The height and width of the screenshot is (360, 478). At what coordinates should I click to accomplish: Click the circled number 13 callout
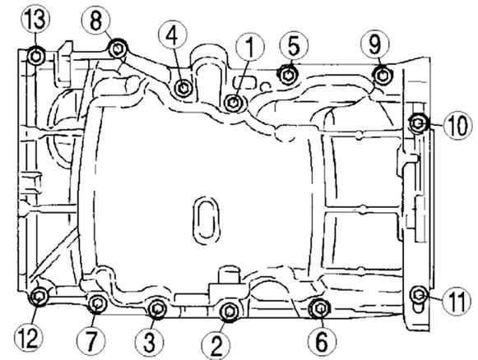35,19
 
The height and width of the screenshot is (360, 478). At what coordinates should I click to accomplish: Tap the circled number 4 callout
172,36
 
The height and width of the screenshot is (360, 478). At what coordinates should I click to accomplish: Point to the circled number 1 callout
250,47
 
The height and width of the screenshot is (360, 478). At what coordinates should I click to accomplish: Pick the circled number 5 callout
294,46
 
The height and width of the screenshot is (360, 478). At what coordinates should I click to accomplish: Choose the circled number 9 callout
374,44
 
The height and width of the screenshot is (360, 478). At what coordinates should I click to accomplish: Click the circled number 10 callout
457,125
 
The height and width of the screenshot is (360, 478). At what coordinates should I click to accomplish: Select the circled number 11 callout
457,301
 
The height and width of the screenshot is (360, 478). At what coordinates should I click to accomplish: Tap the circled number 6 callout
323,341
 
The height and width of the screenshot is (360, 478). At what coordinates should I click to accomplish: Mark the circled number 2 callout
216,344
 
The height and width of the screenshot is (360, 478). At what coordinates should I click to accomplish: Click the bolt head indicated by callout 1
234,103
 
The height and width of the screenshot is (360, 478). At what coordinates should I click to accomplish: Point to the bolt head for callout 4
183,88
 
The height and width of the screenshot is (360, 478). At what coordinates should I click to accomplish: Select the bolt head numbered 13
36,57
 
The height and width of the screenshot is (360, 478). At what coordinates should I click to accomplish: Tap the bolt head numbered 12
39,296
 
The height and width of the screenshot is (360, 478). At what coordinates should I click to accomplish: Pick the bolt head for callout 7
97,303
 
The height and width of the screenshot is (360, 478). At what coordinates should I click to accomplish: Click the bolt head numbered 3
157,309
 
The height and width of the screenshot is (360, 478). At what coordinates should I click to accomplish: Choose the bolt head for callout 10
418,123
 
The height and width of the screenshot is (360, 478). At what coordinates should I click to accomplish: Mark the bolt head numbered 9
383,75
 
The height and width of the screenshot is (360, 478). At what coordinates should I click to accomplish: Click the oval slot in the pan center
207,220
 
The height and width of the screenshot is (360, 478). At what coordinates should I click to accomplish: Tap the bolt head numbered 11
419,294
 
